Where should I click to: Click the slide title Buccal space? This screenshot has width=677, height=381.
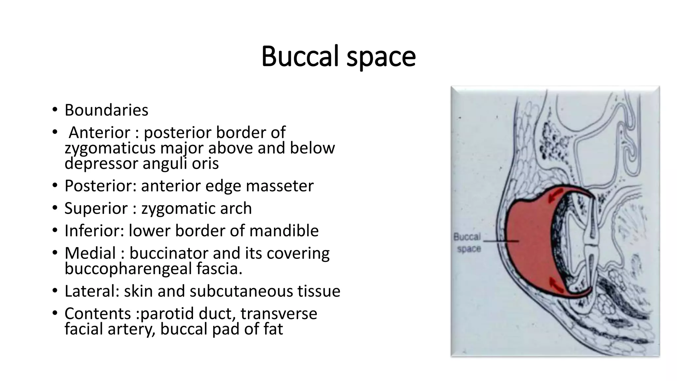(x=338, y=57)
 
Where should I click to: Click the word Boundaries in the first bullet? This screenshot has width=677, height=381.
(x=106, y=110)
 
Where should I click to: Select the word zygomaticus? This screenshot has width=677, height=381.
(x=110, y=148)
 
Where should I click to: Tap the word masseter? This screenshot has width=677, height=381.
(x=280, y=186)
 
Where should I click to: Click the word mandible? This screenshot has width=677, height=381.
(x=284, y=231)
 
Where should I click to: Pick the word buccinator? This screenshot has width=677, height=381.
(x=169, y=253)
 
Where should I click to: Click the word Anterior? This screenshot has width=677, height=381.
(x=99, y=133)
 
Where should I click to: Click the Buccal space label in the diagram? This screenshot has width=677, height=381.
(x=467, y=242)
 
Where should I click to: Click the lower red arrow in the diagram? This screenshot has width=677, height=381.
(x=557, y=284)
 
